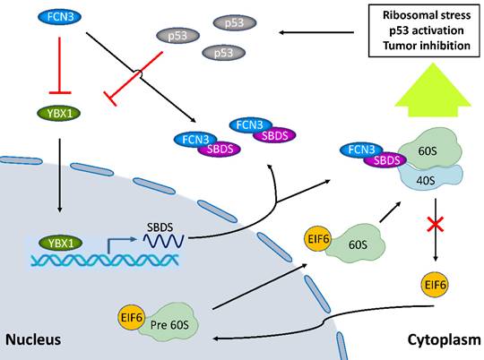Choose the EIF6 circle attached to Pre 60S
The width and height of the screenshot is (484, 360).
(x=132, y=316)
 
